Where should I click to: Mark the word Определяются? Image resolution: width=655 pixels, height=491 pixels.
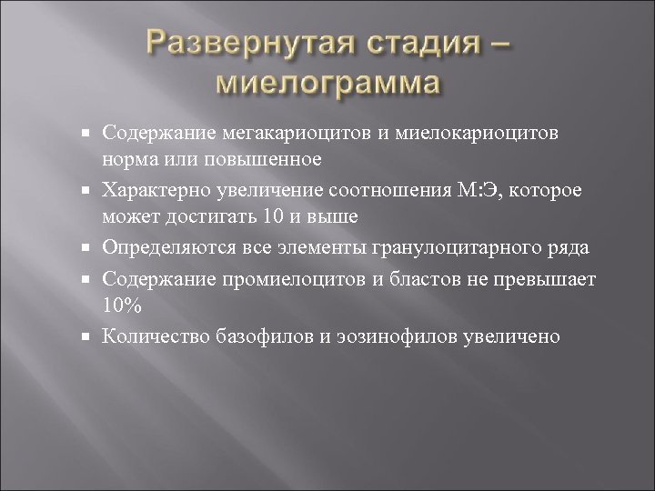tap(167, 247)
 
